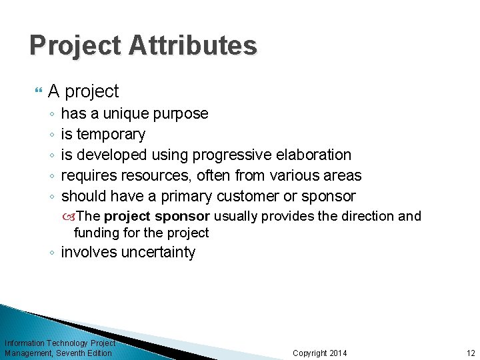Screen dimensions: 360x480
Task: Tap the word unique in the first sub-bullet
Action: click(x=126, y=114)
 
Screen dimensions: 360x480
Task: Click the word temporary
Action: click(x=111, y=135)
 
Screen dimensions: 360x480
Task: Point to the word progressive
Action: click(x=231, y=155)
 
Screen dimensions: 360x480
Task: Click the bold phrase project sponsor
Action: click(x=157, y=216)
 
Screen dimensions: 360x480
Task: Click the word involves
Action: click(x=87, y=253)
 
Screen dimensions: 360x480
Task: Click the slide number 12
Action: click(x=471, y=353)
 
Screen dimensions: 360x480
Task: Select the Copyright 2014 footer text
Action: click(x=320, y=353)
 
